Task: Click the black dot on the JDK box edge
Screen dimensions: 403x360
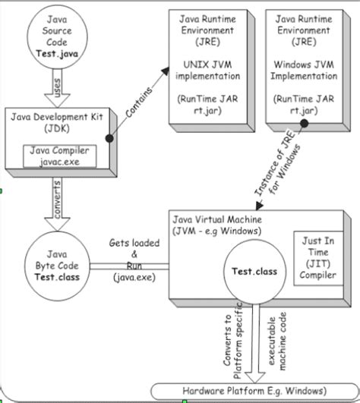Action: click(110, 137)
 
